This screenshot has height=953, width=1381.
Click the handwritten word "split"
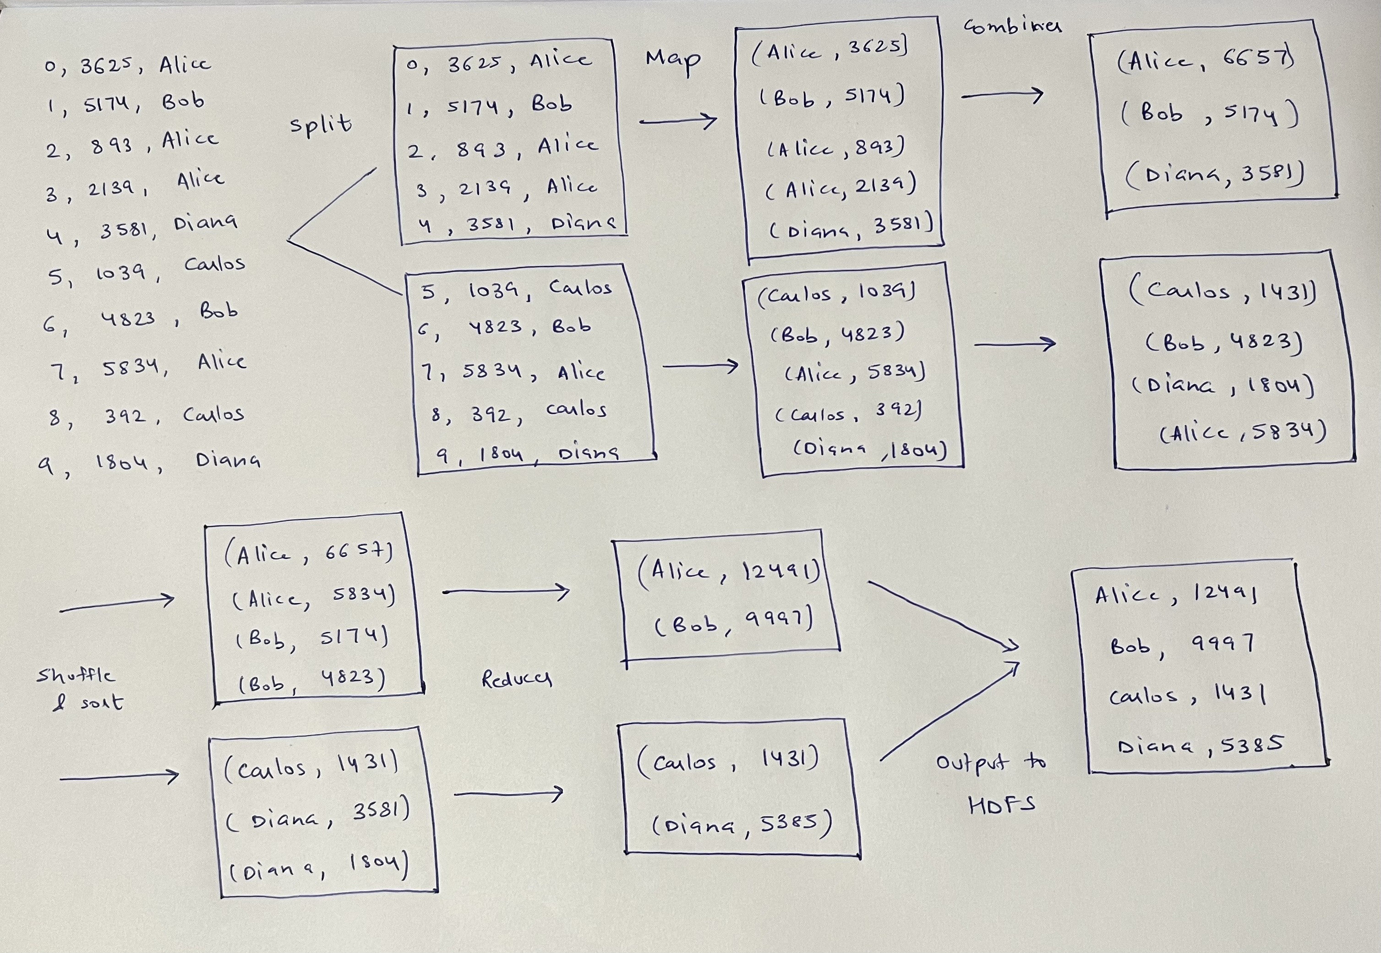(x=321, y=125)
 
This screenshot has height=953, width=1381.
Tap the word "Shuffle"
(x=76, y=675)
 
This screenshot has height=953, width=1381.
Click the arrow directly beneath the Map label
(x=678, y=121)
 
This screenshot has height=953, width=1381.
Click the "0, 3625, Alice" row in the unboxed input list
(x=127, y=65)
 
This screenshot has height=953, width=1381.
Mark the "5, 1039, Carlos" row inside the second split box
(x=516, y=290)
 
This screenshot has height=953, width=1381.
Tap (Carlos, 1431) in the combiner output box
(x=1223, y=292)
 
